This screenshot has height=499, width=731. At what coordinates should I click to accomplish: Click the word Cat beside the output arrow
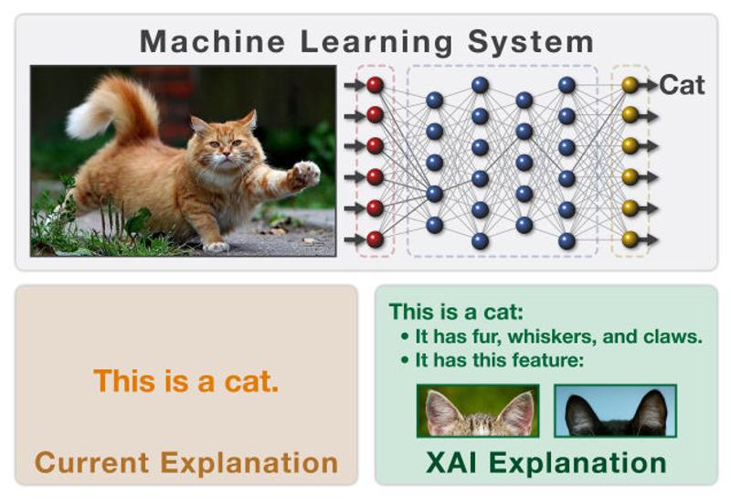pyautogui.click(x=682, y=85)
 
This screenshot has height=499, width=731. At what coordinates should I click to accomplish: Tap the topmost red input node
pyautogui.click(x=374, y=84)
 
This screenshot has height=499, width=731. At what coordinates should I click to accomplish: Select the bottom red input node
pyautogui.click(x=374, y=239)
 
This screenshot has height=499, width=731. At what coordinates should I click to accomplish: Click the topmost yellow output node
pyautogui.click(x=630, y=84)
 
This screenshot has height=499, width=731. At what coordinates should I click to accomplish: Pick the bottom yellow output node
pyautogui.click(x=630, y=239)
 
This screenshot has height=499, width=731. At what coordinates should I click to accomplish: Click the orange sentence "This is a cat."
pyautogui.click(x=185, y=380)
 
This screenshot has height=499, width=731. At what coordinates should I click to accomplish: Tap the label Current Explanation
pyautogui.click(x=185, y=462)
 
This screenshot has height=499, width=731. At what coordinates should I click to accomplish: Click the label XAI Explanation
pyautogui.click(x=546, y=462)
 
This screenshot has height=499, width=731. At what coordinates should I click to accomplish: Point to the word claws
pyautogui.click(x=672, y=335)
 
